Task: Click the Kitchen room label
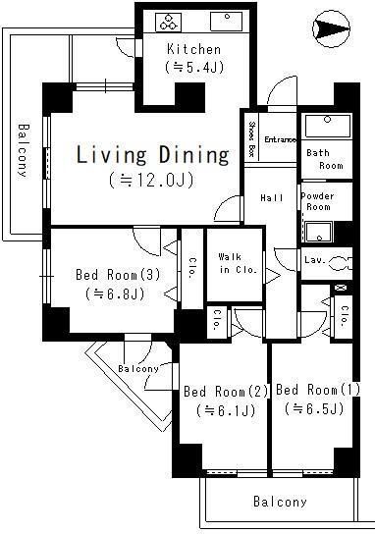point(193,49)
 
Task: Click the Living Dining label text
point(152,155)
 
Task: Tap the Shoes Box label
point(251,137)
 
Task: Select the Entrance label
point(280,139)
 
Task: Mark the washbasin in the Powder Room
point(318,232)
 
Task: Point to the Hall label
point(272,198)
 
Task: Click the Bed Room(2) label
point(226,392)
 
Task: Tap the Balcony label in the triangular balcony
point(138,369)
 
